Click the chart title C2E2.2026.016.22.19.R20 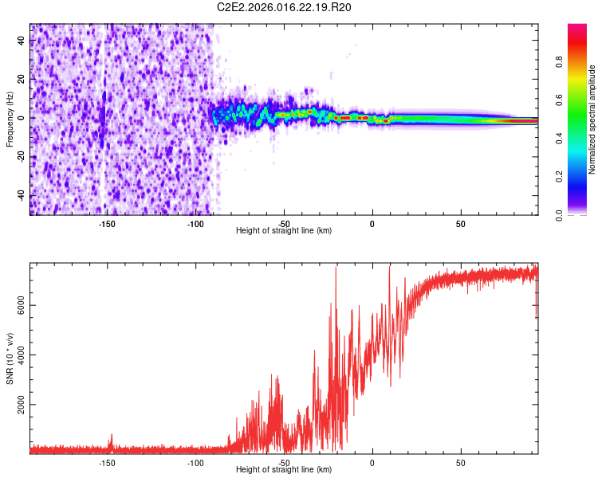click(x=285, y=7)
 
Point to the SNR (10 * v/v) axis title click(x=10, y=359)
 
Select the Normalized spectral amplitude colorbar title click(x=592, y=119)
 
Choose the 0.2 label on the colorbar click(x=581, y=177)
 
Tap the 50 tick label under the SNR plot click(x=461, y=462)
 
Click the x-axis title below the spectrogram click(x=285, y=231)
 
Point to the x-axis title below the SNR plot click(x=285, y=470)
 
